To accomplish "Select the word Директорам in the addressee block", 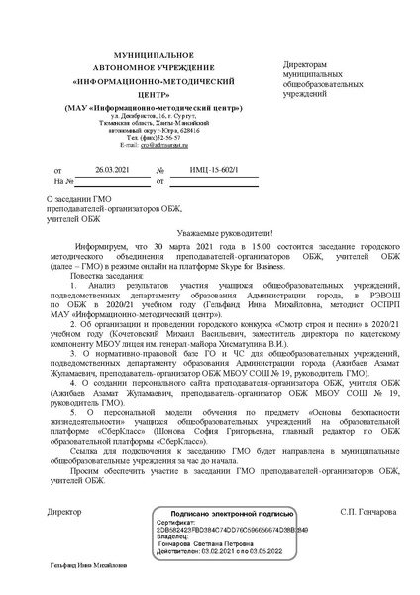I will pos(305,62).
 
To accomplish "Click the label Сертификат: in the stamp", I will pos(176,523).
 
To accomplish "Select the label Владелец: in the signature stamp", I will pos(173,536).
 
